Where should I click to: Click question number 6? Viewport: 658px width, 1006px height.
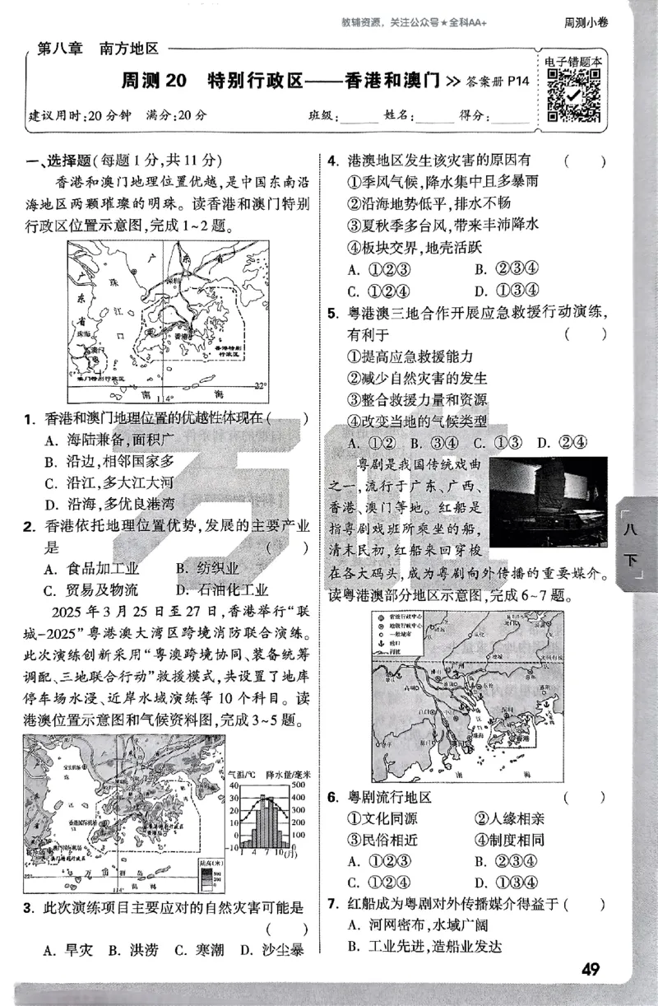(x=332, y=797)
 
